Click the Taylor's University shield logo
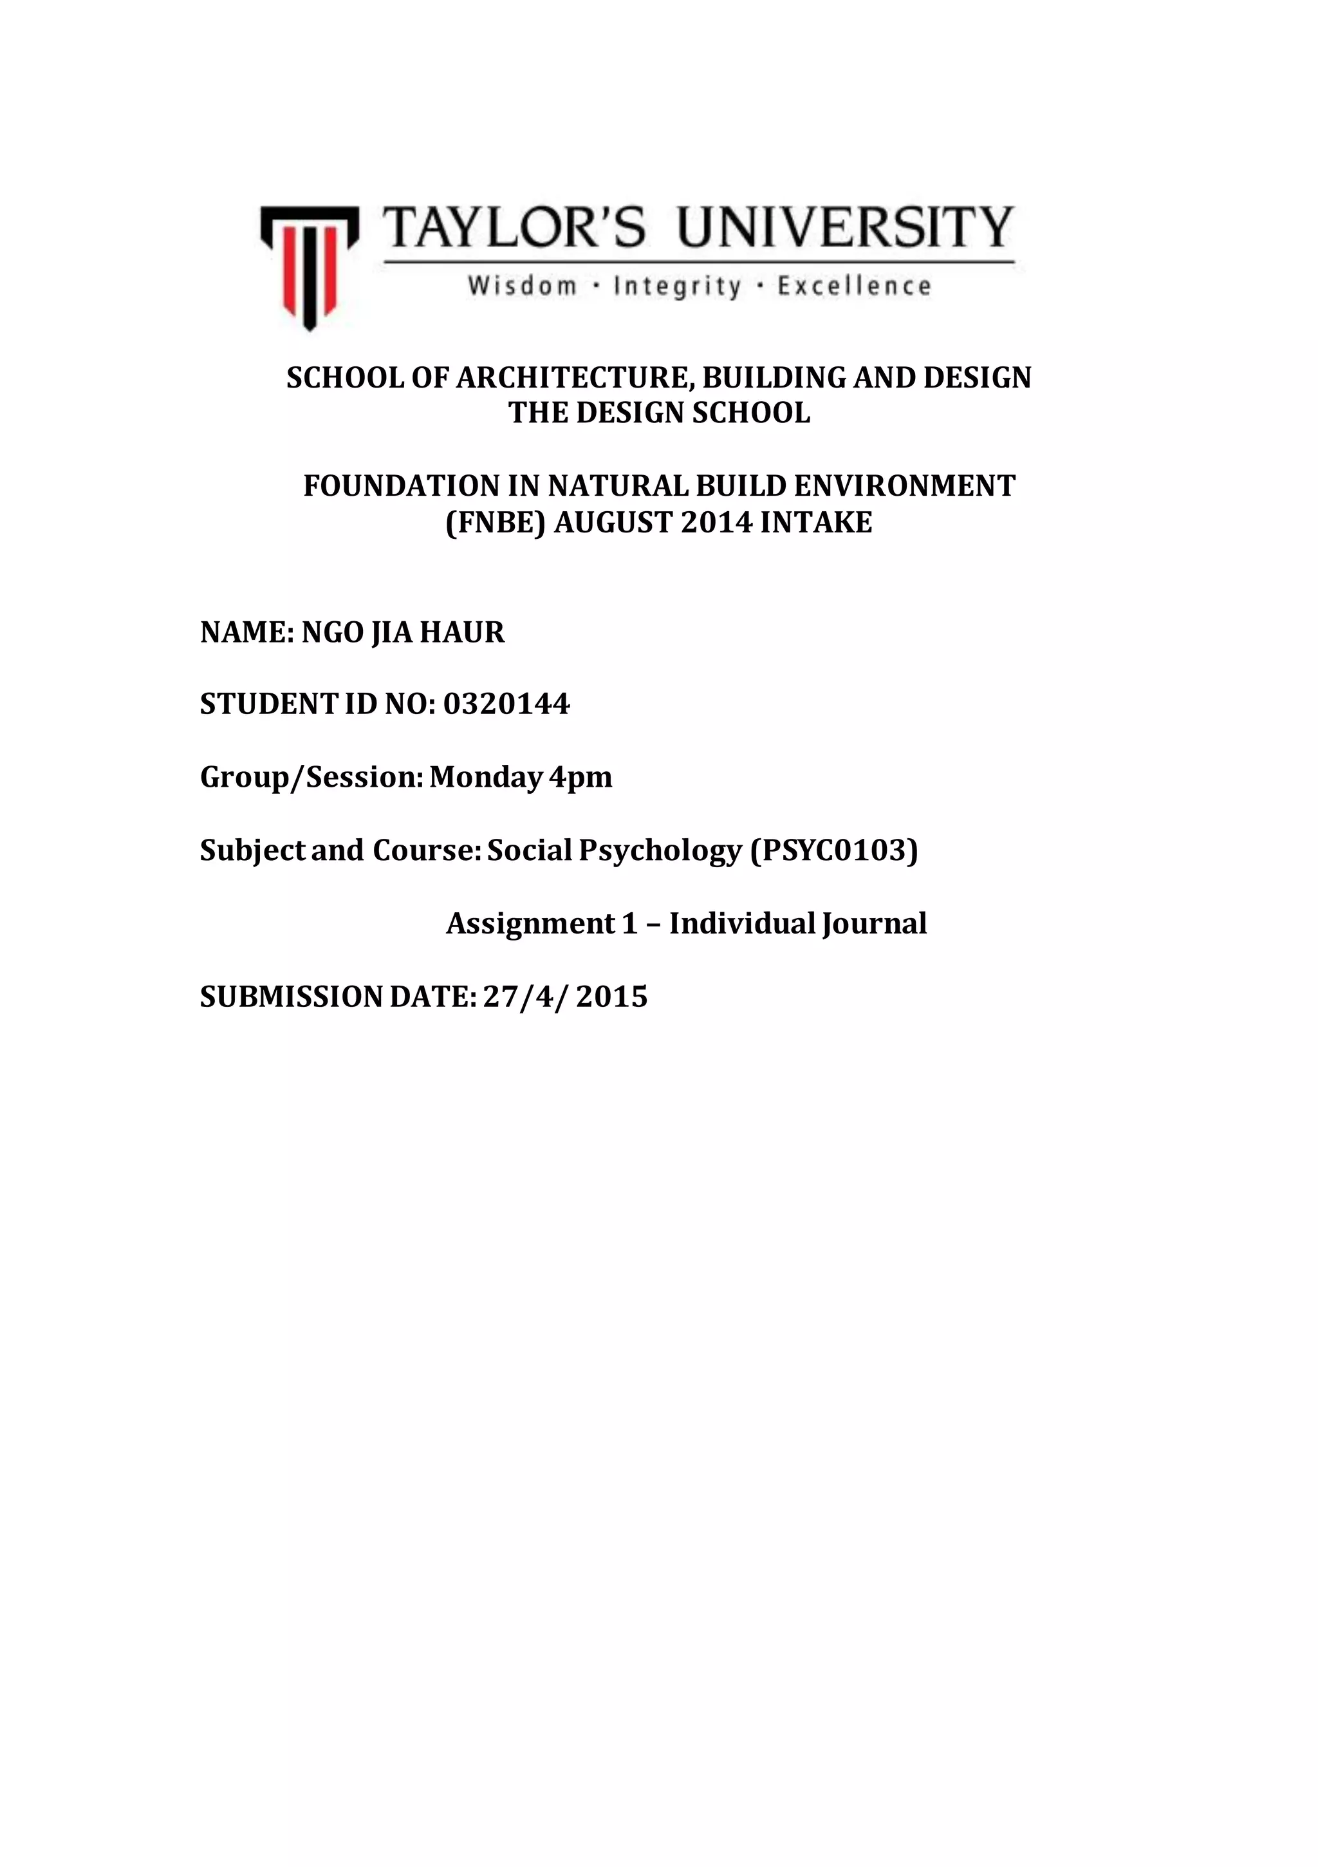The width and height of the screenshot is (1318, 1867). click(309, 266)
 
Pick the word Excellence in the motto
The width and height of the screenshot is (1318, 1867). click(854, 286)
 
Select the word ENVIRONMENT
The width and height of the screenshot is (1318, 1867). click(904, 486)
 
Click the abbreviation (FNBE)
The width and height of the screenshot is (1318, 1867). click(495, 522)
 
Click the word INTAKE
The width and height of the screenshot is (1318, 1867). click(815, 522)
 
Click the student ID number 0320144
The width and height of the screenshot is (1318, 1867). click(506, 704)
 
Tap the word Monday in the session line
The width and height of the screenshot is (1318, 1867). click(485, 777)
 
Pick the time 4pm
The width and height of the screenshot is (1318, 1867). click(580, 777)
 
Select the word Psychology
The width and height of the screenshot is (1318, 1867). click(660, 850)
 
